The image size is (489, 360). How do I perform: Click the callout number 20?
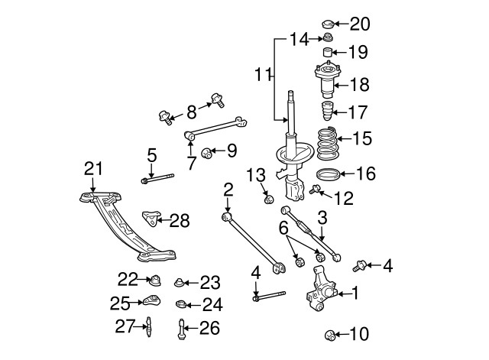tap(360, 24)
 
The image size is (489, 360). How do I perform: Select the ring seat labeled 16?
tap(326, 174)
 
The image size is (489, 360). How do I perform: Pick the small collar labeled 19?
tap(326, 53)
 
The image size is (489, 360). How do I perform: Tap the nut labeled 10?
tap(330, 335)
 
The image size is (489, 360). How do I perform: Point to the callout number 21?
tap(92, 168)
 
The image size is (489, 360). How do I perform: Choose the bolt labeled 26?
tap(181, 329)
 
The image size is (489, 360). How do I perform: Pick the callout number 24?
tap(212, 305)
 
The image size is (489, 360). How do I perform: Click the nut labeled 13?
tap(268, 200)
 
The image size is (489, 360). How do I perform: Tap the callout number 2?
tap(228, 189)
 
